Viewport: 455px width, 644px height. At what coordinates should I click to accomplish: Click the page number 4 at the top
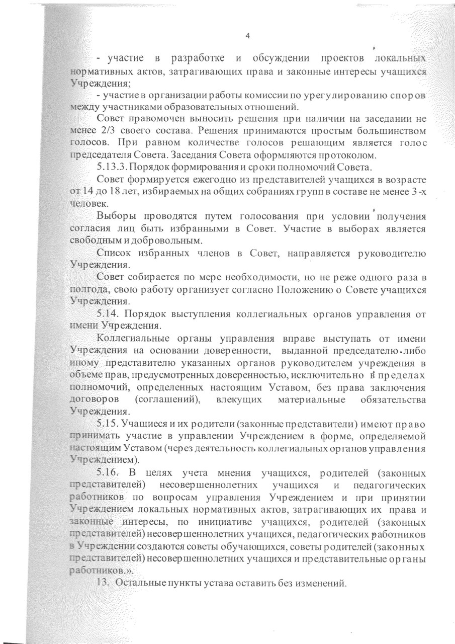[x=247, y=36]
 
